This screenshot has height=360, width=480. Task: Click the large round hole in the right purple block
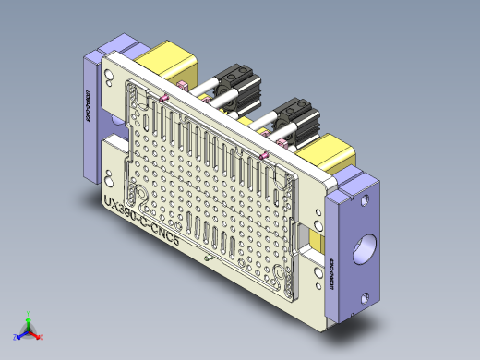(362, 248)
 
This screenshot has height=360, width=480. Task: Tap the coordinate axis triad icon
(29, 329)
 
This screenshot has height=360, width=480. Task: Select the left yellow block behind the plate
(174, 65)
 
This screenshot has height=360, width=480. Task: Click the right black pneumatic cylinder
(294, 115)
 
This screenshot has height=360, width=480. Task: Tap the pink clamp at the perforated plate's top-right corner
(266, 156)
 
